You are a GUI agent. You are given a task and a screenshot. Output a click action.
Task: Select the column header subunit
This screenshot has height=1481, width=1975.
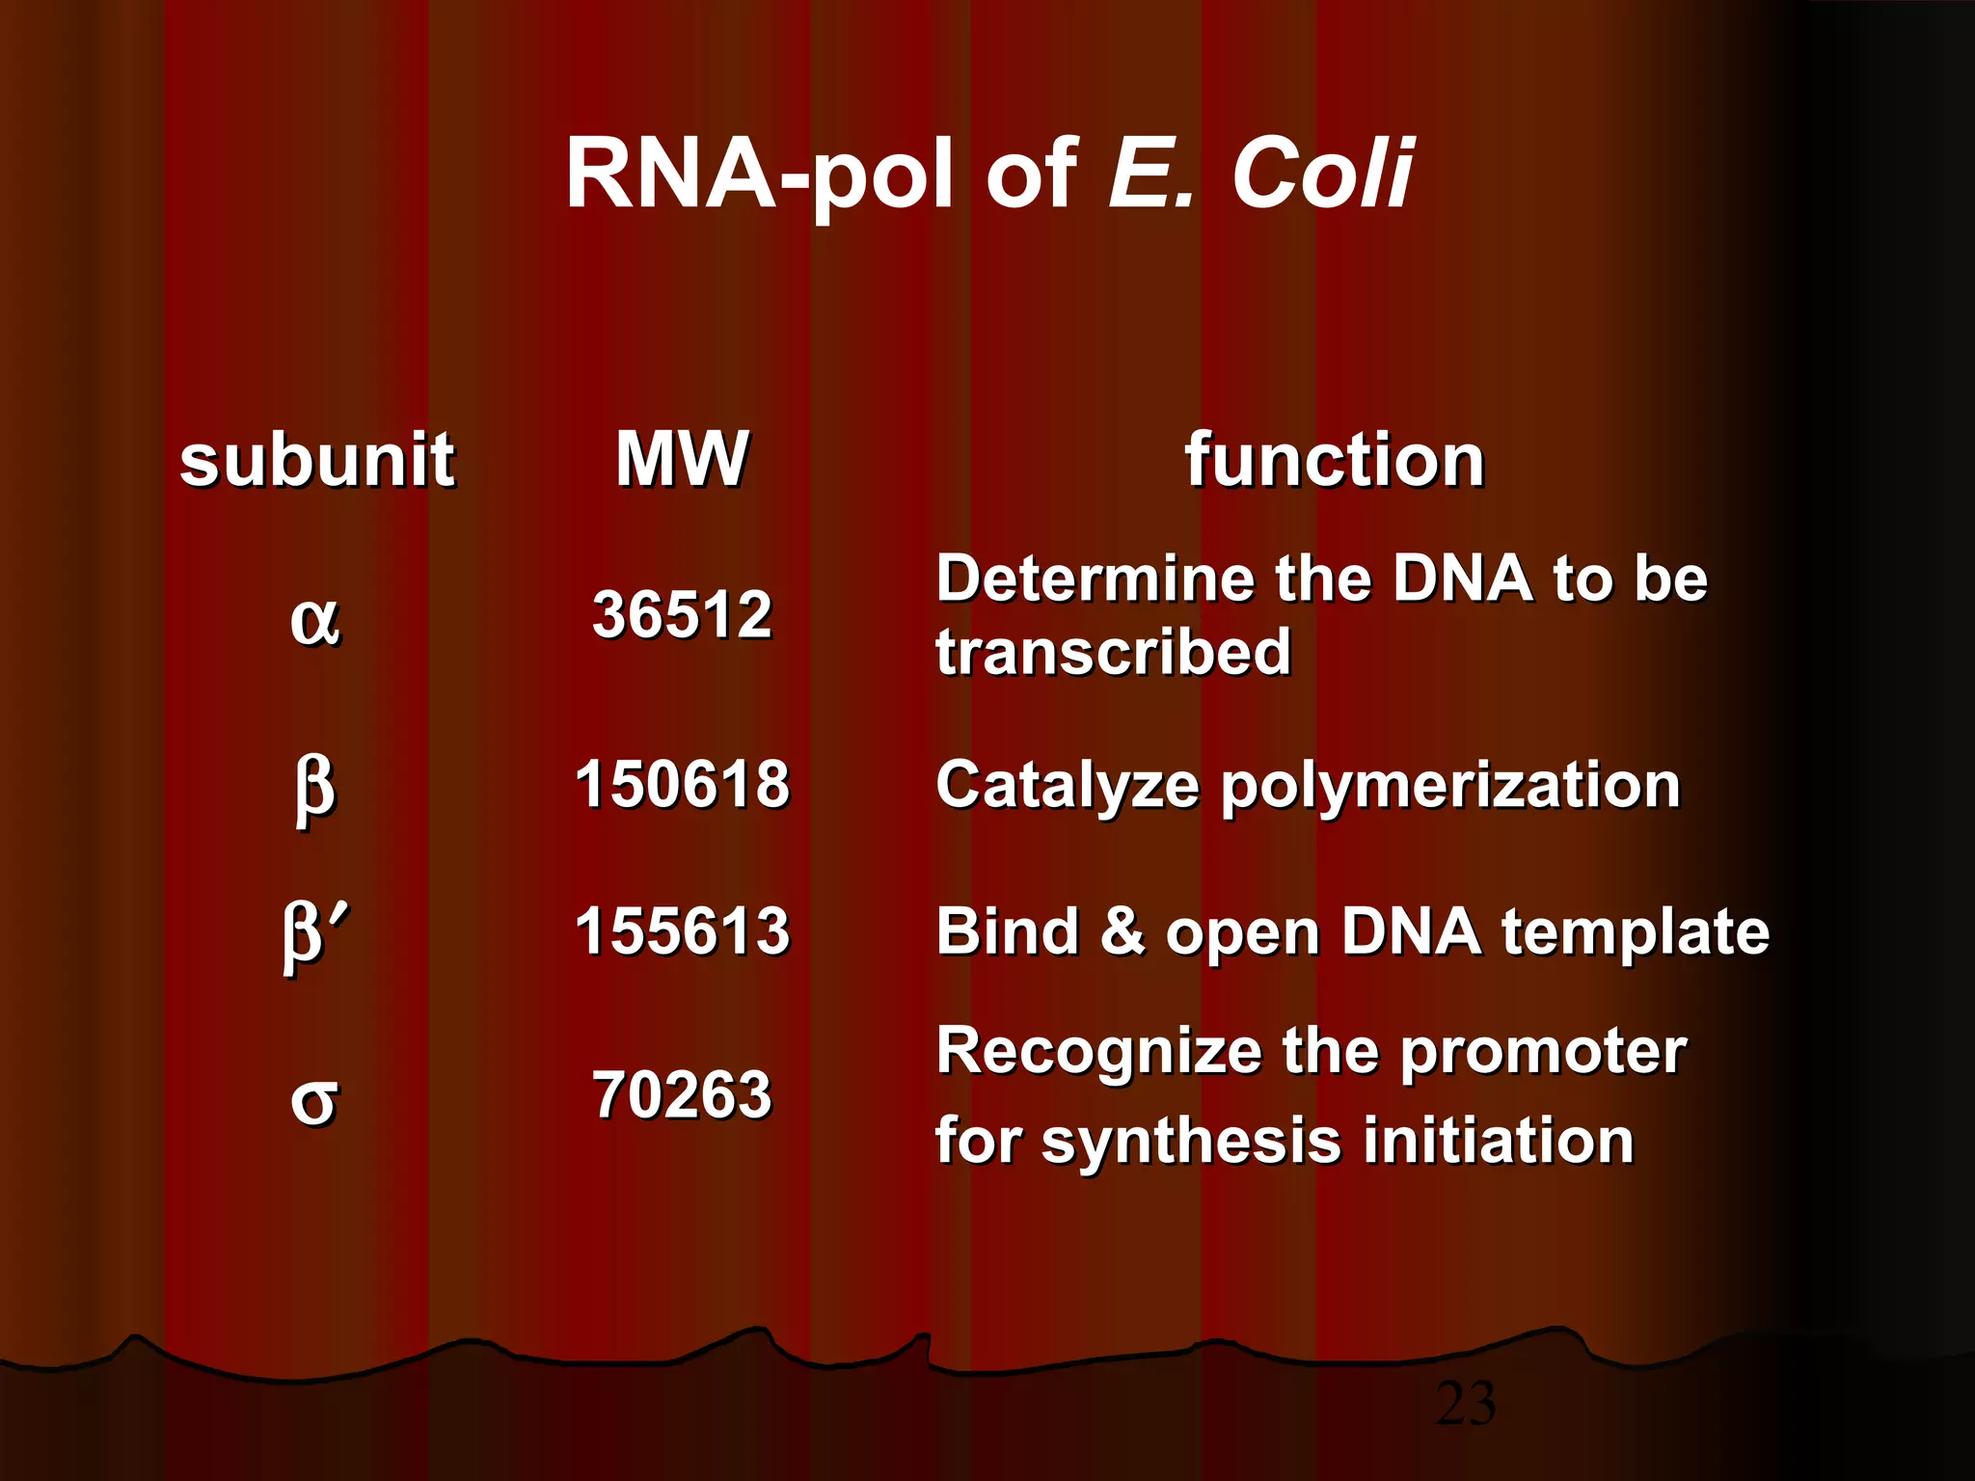316,460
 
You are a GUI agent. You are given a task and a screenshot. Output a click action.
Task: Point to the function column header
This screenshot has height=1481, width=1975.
1334,460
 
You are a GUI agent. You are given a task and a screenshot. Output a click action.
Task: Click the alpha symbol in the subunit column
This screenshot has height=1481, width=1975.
314,619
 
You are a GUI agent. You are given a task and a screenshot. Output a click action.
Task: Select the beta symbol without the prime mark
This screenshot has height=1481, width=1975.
314,789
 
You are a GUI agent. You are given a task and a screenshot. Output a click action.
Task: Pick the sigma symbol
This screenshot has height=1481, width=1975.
314,1100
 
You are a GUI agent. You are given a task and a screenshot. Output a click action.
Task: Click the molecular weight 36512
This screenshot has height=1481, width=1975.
682,614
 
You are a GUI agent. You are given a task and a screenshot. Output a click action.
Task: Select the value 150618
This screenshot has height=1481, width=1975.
682,783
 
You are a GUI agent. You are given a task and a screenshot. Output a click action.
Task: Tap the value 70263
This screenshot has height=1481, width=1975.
682,1094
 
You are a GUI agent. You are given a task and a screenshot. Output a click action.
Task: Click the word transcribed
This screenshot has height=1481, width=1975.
1113,652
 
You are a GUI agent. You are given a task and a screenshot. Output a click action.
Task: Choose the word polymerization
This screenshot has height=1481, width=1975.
1450,787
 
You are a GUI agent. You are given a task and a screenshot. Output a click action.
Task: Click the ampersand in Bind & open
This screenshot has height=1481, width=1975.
1122,931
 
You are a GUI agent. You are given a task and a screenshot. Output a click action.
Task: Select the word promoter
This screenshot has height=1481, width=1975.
1542,1051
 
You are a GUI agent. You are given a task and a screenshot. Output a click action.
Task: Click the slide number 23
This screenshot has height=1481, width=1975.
1466,1404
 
